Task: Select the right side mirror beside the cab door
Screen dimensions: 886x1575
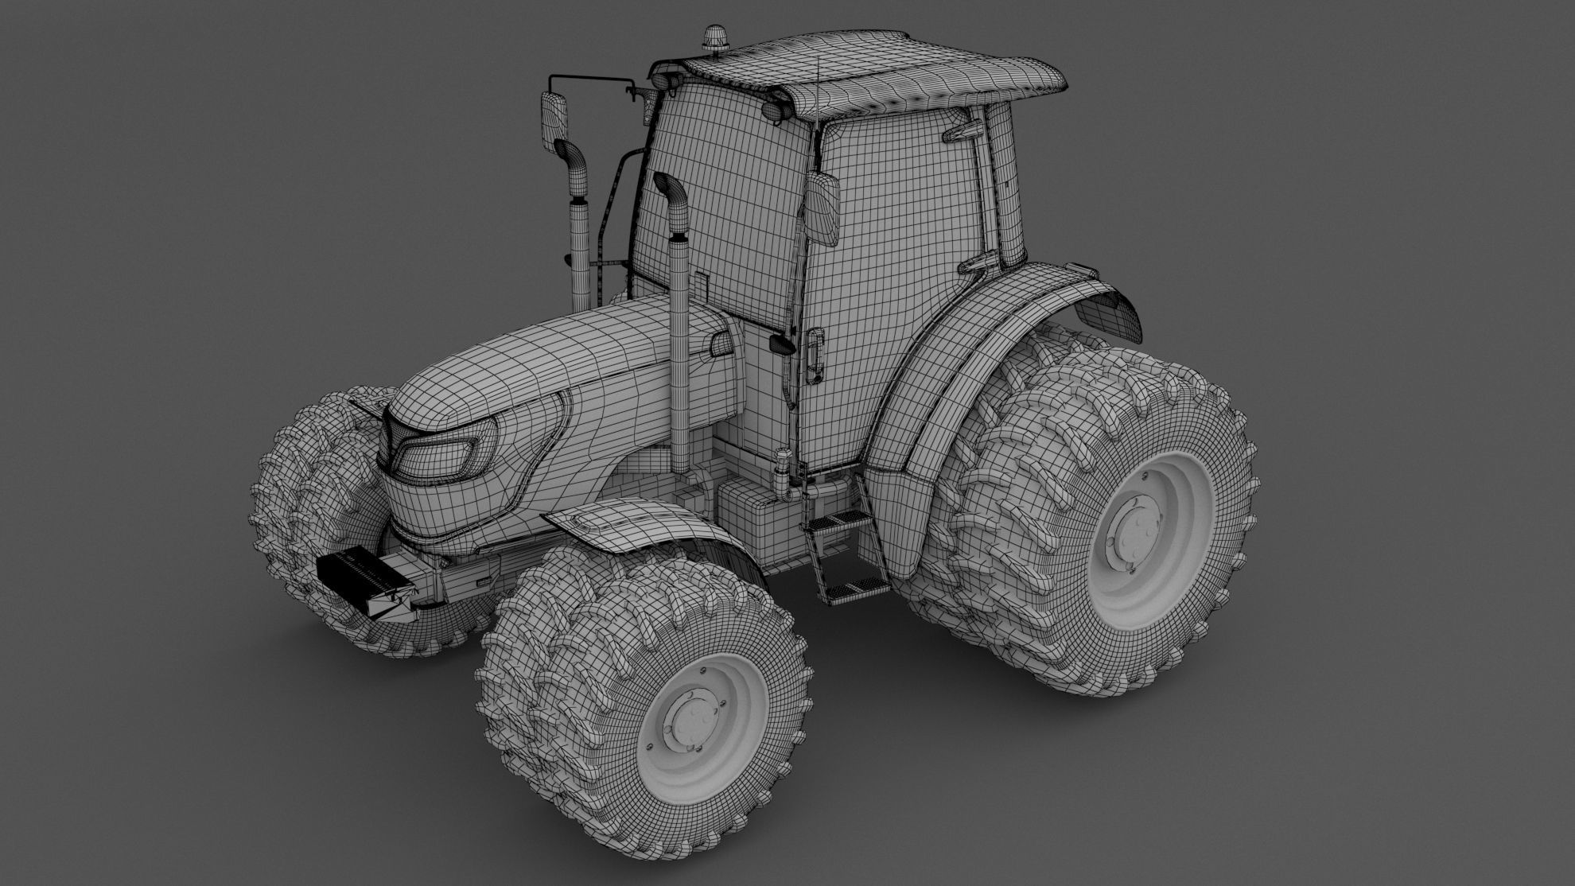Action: [824, 208]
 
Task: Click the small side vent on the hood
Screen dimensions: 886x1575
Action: [721, 344]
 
